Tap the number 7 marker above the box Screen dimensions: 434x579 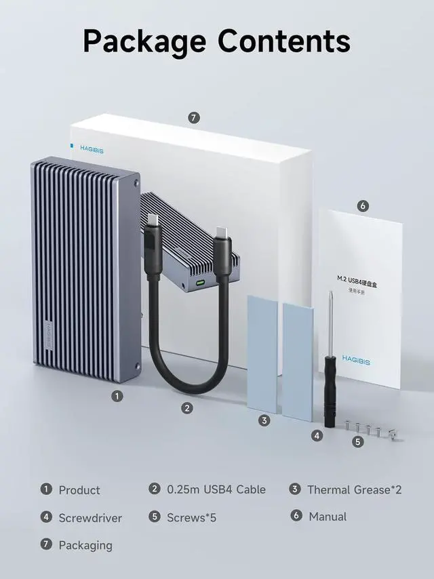[x=194, y=118]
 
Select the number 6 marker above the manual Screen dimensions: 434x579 [x=363, y=206]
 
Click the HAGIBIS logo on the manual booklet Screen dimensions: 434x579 [x=356, y=358]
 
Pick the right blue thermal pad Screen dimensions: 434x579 [x=298, y=361]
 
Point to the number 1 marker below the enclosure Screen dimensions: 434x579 [x=117, y=396]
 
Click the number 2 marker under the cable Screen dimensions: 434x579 [x=187, y=408]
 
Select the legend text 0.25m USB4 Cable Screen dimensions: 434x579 [x=216, y=490]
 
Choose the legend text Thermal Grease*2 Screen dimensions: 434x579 [x=354, y=490]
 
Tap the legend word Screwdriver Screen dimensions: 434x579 [x=90, y=518]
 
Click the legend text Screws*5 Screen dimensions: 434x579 [x=191, y=518]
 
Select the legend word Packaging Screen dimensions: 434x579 [x=85, y=545]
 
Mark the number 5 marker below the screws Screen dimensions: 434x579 [x=358, y=442]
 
